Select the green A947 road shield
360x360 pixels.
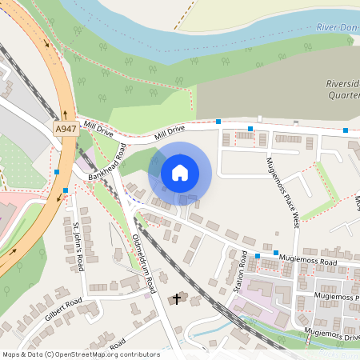tap(66, 128)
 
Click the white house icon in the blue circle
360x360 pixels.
tap(180, 172)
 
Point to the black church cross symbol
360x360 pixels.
tap(177, 299)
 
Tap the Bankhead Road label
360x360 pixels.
tap(109, 161)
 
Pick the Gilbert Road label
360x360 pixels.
tap(64, 308)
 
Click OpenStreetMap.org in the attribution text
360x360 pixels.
tap(88, 354)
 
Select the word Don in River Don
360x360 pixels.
tap(349, 28)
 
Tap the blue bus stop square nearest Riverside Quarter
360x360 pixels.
tap(346, 130)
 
